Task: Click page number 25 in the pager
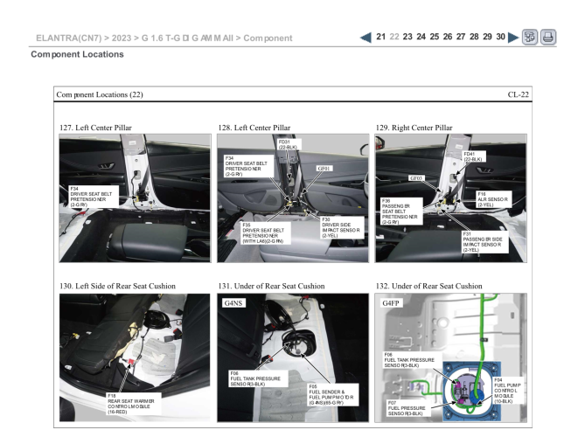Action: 435,37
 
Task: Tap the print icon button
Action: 548,37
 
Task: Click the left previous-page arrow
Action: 366,38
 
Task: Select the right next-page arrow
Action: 513,38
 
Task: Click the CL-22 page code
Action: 518,94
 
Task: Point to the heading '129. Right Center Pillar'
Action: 414,128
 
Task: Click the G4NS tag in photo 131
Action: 233,302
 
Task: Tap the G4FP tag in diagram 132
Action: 391,302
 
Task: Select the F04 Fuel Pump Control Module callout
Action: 508,391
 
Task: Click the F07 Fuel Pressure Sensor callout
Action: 408,408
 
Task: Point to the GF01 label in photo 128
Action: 324,169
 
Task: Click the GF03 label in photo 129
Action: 416,178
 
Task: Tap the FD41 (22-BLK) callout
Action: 473,156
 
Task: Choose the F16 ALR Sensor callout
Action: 493,199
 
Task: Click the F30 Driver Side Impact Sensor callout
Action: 342,228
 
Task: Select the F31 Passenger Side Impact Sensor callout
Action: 485,242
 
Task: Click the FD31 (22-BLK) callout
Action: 289,145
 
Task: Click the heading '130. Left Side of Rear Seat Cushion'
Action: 117,286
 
